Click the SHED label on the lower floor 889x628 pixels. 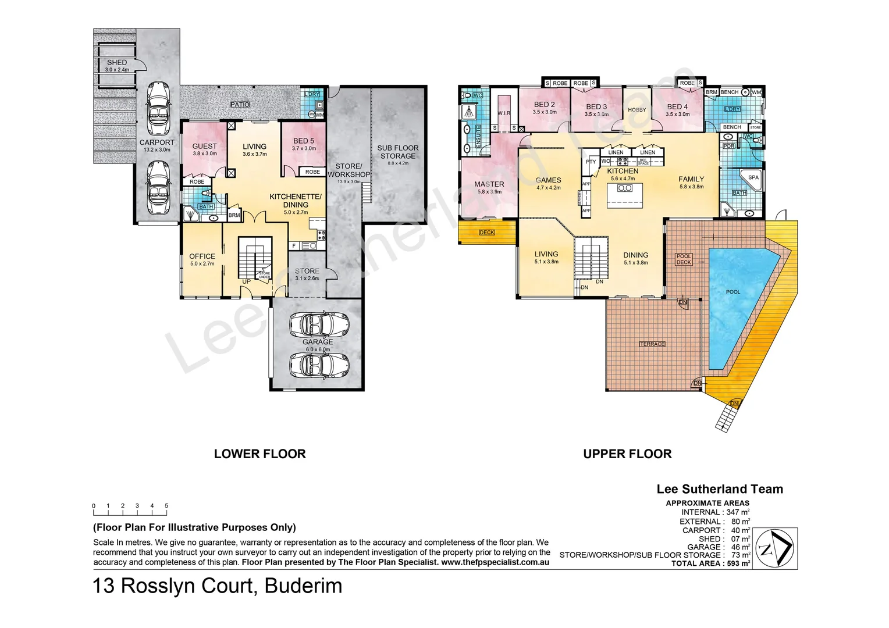(x=117, y=62)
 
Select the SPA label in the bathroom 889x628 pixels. (x=753, y=177)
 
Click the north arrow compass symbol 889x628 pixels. (x=774, y=548)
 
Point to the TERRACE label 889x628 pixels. (x=652, y=344)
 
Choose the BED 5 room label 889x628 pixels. (x=304, y=141)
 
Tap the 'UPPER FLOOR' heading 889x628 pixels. (x=627, y=454)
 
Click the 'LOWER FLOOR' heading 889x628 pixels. (x=259, y=454)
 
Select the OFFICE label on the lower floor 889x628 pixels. (x=202, y=256)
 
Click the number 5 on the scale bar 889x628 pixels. (x=166, y=506)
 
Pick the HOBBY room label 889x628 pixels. (x=637, y=110)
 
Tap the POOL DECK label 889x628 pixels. (x=684, y=259)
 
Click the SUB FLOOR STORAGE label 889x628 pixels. (x=398, y=152)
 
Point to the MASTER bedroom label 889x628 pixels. (x=489, y=184)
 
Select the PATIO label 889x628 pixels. (x=240, y=105)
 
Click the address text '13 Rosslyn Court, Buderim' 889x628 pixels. (x=218, y=586)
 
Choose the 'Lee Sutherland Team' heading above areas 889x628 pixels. (x=720, y=489)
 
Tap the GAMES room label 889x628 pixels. (x=548, y=180)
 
